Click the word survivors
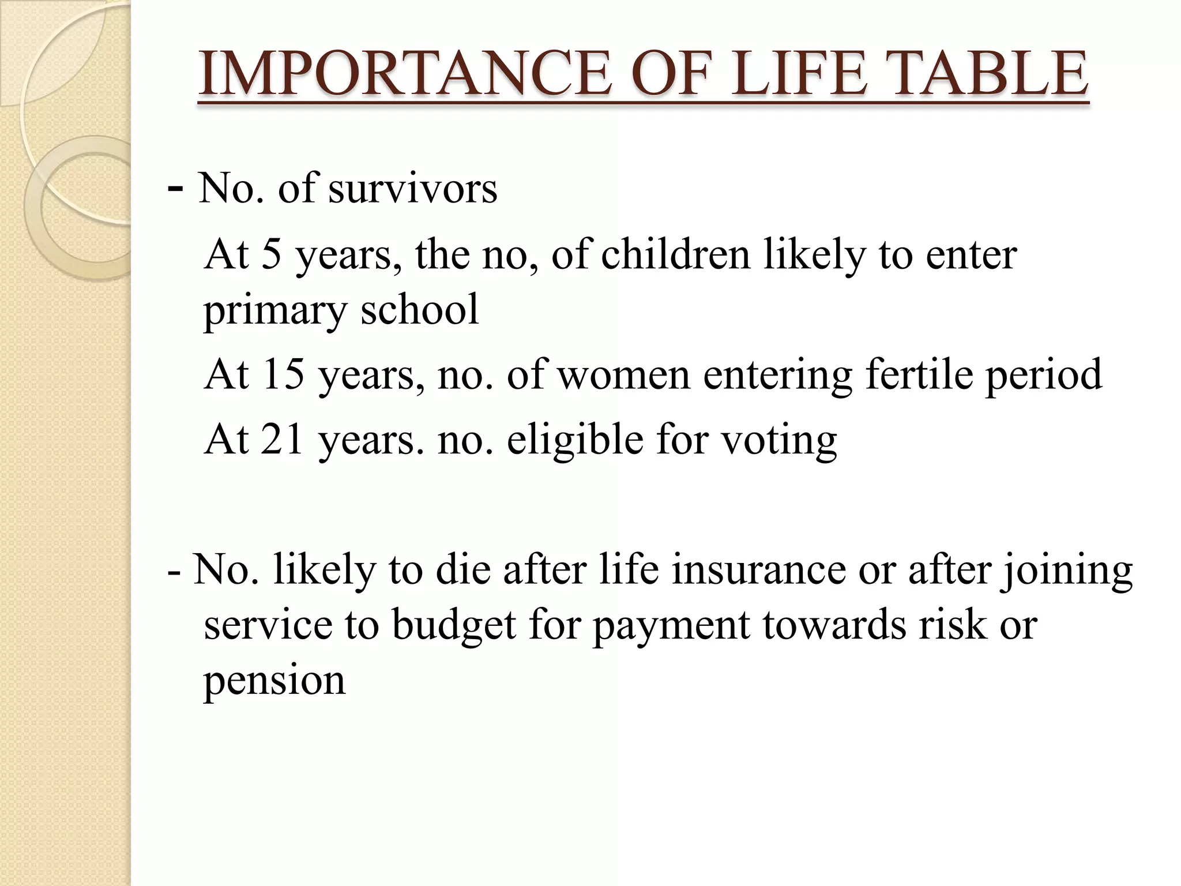[412, 188]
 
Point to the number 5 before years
[271, 254]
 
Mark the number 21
[282, 439]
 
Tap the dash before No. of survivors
[175, 188]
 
